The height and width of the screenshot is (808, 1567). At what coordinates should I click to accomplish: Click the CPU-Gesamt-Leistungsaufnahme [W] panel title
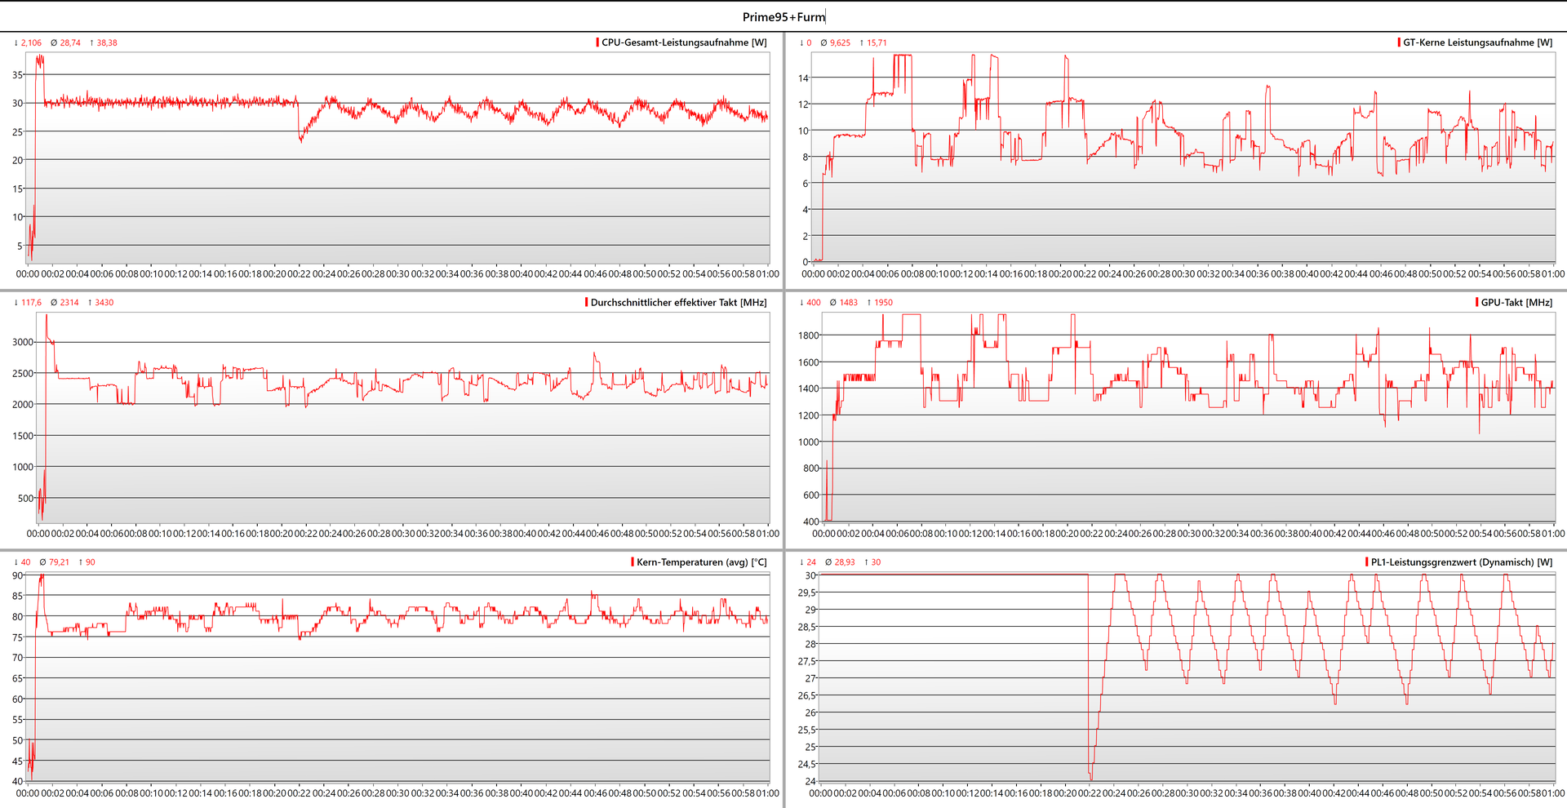click(684, 42)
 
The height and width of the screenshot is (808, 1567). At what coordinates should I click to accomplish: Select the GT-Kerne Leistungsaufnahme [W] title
click(1477, 42)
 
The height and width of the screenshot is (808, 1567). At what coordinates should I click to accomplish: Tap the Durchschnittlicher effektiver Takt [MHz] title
click(678, 302)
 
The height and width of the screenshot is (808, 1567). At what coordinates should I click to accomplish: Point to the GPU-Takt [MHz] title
click(1516, 302)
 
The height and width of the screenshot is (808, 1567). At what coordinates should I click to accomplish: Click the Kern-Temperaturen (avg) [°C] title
click(701, 562)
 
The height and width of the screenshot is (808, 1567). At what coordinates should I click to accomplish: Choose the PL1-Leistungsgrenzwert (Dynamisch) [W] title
click(1461, 562)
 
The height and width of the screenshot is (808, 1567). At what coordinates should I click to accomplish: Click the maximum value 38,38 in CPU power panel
click(107, 42)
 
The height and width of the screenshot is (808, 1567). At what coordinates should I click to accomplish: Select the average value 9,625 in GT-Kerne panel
click(840, 42)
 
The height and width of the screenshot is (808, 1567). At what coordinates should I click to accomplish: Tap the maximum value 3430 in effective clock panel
click(104, 302)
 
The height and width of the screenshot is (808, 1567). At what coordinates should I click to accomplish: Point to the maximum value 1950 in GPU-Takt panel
click(883, 302)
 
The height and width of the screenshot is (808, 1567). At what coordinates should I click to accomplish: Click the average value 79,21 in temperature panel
click(59, 562)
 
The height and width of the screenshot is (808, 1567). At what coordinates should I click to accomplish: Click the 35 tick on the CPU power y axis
click(17, 74)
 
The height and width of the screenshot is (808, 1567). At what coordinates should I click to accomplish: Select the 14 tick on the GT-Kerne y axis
click(803, 78)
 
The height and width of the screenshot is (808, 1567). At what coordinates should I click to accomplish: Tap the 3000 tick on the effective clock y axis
click(23, 342)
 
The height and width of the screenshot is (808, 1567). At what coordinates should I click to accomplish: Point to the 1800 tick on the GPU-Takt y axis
click(808, 335)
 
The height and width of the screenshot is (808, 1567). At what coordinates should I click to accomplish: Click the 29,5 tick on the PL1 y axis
click(806, 593)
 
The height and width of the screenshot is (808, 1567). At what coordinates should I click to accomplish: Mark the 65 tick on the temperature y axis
click(17, 678)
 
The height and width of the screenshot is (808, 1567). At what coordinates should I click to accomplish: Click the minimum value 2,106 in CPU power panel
click(31, 42)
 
